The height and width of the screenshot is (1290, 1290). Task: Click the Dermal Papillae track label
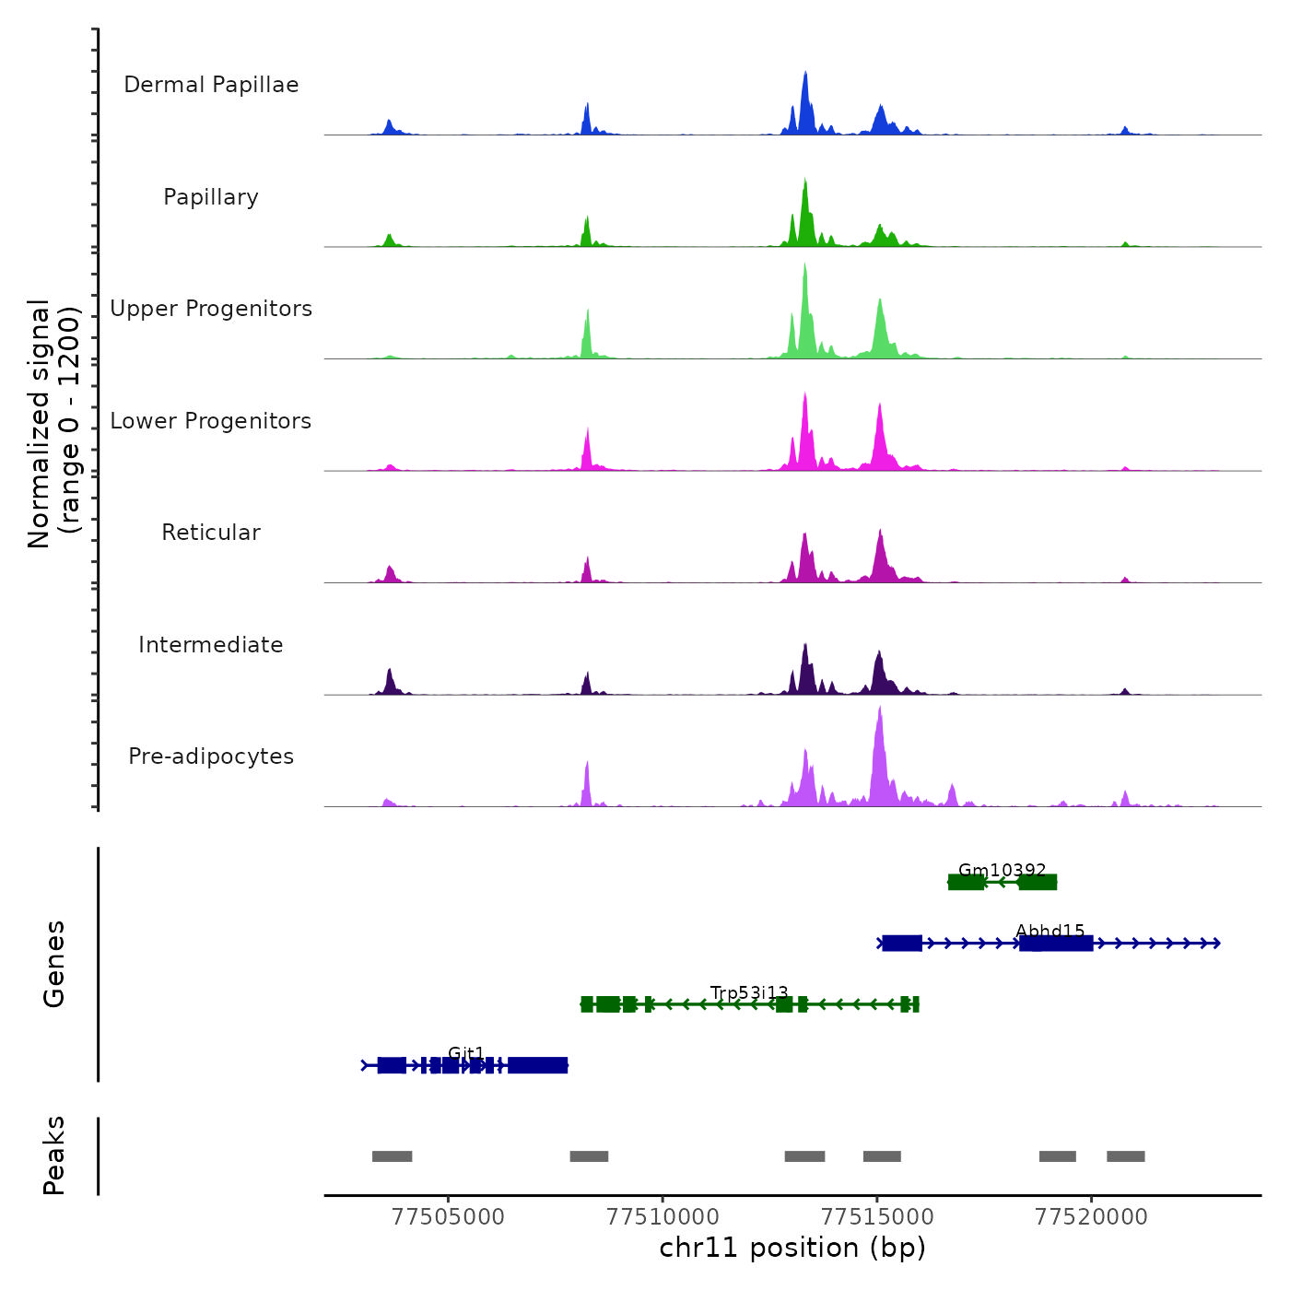211,85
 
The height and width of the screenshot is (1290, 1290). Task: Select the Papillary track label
211,197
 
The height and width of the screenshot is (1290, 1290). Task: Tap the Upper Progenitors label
211,309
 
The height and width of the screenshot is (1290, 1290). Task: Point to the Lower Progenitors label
211,421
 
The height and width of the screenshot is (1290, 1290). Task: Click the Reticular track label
211,533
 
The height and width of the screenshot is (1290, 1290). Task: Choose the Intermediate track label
211,645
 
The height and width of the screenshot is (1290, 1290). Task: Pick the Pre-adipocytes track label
211,756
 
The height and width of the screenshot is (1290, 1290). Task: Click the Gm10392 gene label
1003,870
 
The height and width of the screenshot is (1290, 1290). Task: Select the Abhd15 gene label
1050,931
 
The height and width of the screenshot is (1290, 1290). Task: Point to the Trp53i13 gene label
749,992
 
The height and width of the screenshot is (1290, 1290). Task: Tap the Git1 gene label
466,1053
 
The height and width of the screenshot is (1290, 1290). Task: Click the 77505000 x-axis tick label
449,1216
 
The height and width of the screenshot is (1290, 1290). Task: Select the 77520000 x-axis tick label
1092,1216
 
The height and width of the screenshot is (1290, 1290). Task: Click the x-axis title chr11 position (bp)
792,1248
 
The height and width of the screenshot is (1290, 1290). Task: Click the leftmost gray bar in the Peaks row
392,1156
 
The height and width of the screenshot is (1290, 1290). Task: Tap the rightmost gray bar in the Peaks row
1125,1156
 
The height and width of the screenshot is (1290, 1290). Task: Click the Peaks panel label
54,1155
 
